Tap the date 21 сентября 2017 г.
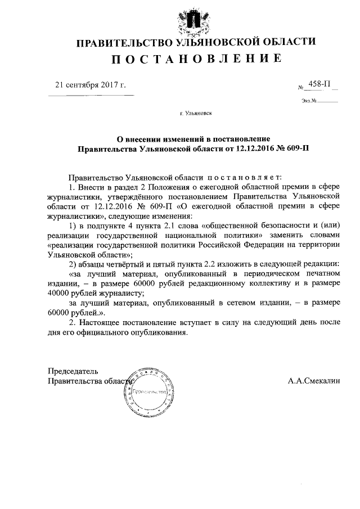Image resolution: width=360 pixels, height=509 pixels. (x=90, y=86)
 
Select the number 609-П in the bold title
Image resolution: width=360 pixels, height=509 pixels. (x=295, y=149)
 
